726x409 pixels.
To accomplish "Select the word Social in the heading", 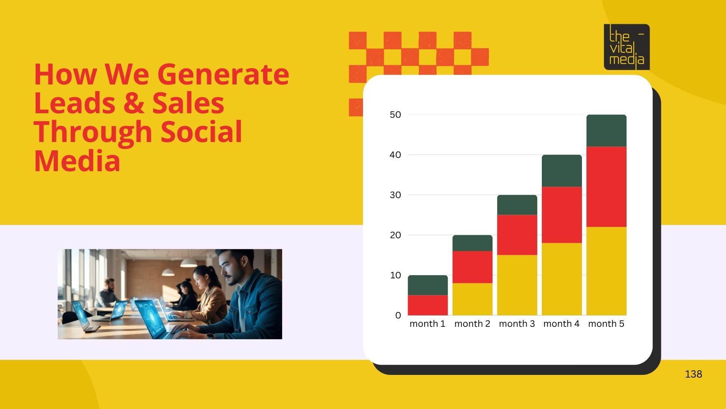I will (201, 132).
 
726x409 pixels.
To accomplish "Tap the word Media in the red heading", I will (77, 161).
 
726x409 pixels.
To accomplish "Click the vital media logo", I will (627, 47).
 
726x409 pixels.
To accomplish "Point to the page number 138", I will (693, 374).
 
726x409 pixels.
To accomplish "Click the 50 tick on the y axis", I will (395, 115).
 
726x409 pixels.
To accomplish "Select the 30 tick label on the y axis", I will (395, 195).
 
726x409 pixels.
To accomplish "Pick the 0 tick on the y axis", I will (398, 315).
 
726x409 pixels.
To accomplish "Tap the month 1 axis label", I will (427, 324).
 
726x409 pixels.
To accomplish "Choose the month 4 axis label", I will (561, 324).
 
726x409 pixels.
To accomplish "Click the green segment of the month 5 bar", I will (606, 131).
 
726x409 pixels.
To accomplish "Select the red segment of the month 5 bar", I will (606, 187).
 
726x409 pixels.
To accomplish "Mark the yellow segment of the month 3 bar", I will (517, 285).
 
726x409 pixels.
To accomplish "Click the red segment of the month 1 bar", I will (428, 305).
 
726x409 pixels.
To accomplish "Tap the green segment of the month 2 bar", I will (472, 243).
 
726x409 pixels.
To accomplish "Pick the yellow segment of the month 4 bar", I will (562, 279).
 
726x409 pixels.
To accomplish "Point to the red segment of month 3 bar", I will (517, 235).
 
